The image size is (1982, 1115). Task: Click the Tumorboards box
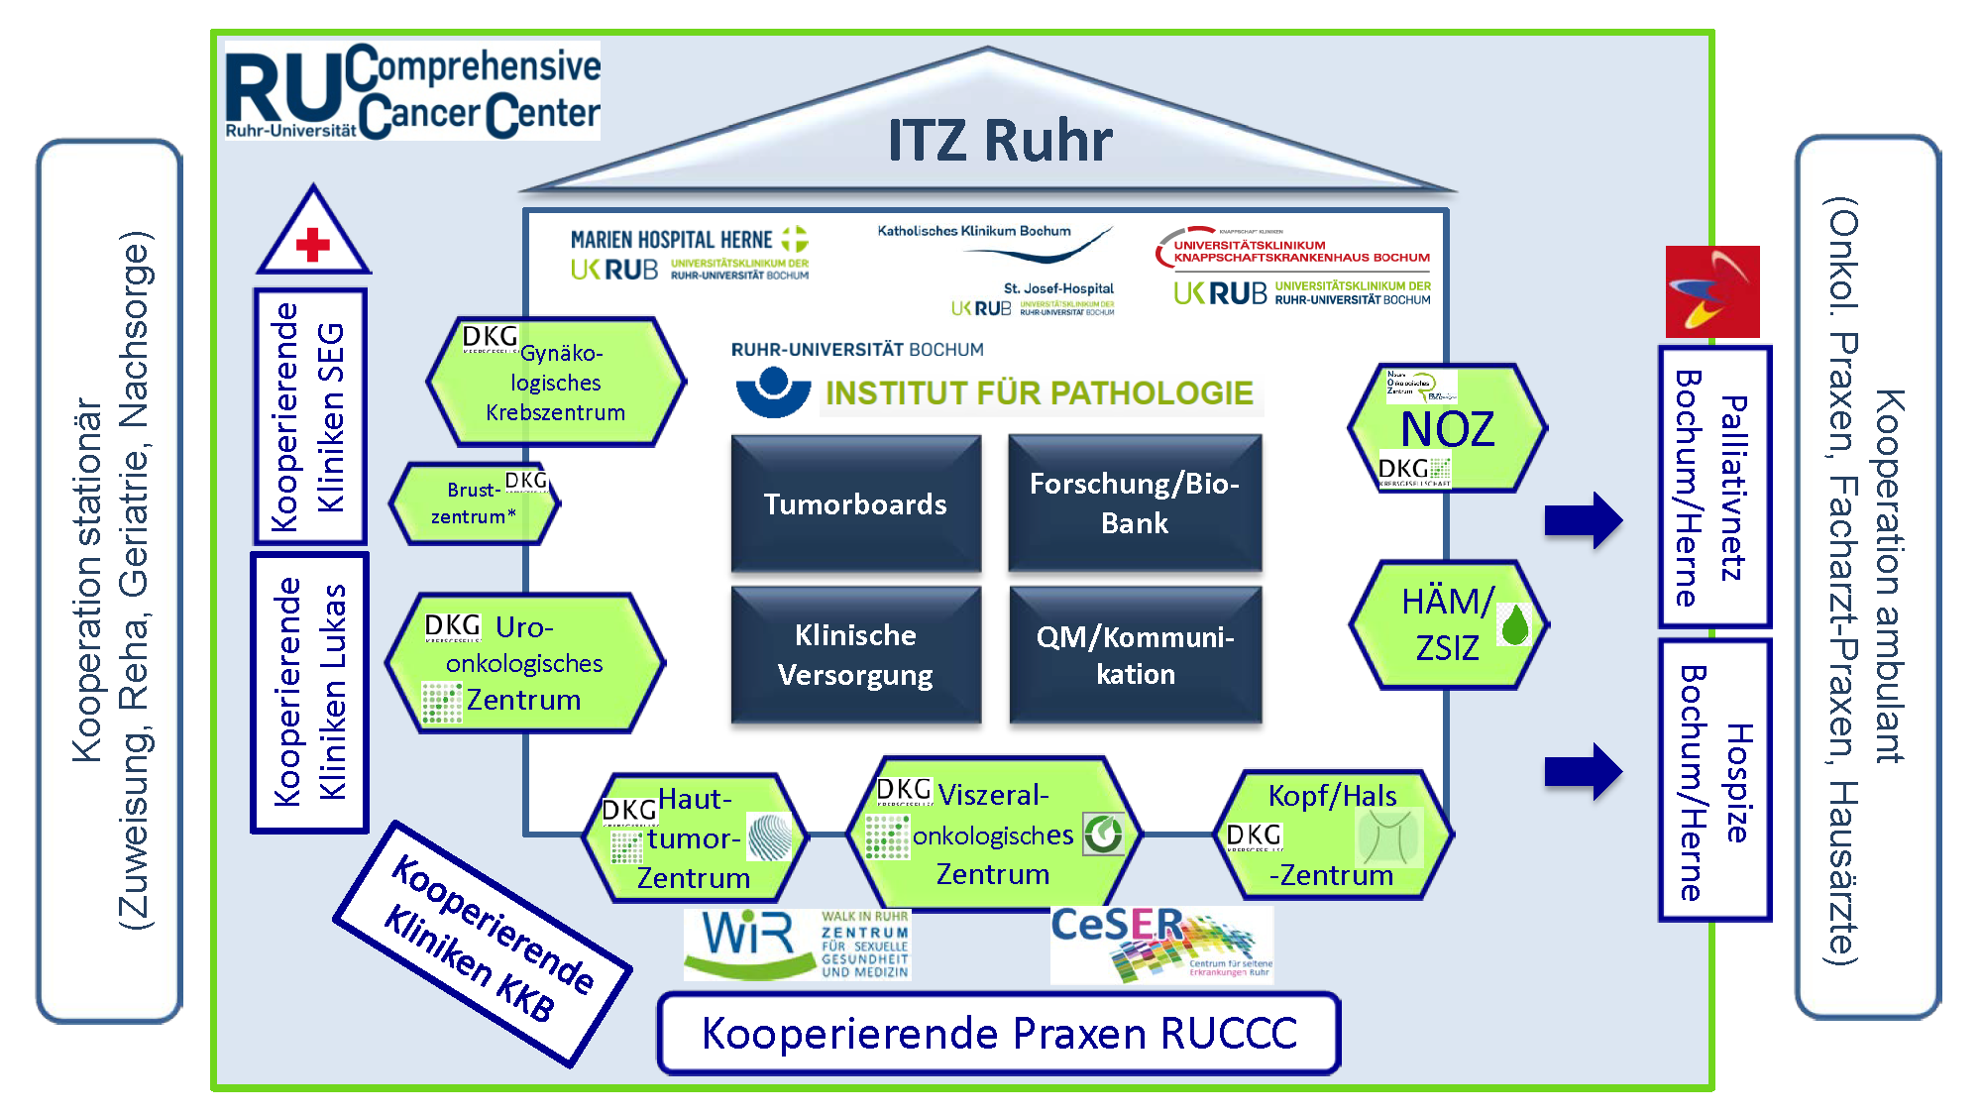pyautogui.click(x=855, y=503)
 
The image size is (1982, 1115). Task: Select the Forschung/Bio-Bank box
pyautogui.click(x=1135, y=503)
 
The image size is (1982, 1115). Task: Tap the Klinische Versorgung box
pyautogui.click(x=855, y=655)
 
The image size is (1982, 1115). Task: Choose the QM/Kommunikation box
pyautogui.click(x=1136, y=655)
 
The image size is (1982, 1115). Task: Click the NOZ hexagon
pyautogui.click(x=1447, y=428)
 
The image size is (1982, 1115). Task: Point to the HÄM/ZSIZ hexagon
pyautogui.click(x=1448, y=624)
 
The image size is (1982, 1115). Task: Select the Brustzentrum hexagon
pyautogui.click(x=475, y=503)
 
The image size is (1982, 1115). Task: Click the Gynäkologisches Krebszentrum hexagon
pyautogui.click(x=555, y=383)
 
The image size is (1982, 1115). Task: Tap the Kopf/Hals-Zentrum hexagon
pyautogui.click(x=1333, y=836)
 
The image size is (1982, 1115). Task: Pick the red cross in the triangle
pyautogui.click(x=313, y=244)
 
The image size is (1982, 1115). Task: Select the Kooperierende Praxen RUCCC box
pyautogui.click(x=999, y=1034)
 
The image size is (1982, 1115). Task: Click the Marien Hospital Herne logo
pyautogui.click(x=690, y=254)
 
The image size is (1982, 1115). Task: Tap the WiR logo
pyautogui.click(x=797, y=945)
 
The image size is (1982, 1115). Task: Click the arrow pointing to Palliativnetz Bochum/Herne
pyautogui.click(x=1583, y=520)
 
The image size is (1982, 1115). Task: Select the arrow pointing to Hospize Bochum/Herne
pyautogui.click(x=1583, y=771)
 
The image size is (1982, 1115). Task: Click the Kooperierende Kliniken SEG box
pyautogui.click(x=310, y=416)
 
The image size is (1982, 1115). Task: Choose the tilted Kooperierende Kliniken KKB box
pyautogui.click(x=483, y=945)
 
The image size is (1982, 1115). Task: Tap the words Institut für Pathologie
pyautogui.click(x=1039, y=393)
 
